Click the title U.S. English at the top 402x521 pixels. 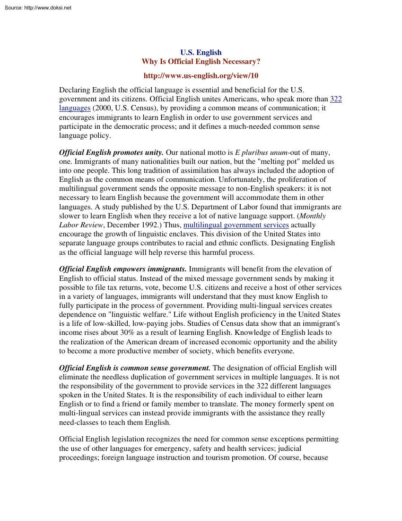(201, 53)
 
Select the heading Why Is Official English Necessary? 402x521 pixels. (201, 62)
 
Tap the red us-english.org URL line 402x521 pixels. (201, 75)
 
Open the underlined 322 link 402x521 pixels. (335, 99)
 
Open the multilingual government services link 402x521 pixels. (236, 225)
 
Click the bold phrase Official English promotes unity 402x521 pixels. (111, 153)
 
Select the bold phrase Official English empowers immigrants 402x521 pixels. (122, 269)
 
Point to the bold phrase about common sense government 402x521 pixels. (135, 368)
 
